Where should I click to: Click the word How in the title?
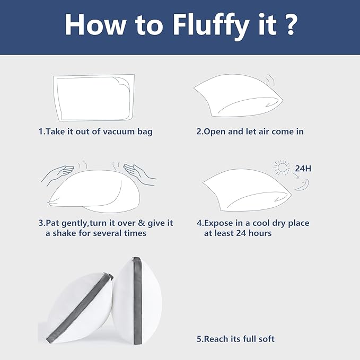pyautogui.click(x=95, y=24)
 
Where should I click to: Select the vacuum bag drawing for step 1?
pyautogui.click(x=94, y=98)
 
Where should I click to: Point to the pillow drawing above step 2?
pyautogui.click(x=238, y=95)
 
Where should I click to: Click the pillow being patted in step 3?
pyautogui.click(x=94, y=191)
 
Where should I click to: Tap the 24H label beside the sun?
pyautogui.click(x=303, y=169)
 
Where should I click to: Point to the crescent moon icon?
pyautogui.click(x=303, y=185)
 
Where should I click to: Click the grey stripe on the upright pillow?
pyautogui.click(x=137, y=300)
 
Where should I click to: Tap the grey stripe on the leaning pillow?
pyautogui.click(x=79, y=307)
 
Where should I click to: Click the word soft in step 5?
pyautogui.click(x=266, y=339)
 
